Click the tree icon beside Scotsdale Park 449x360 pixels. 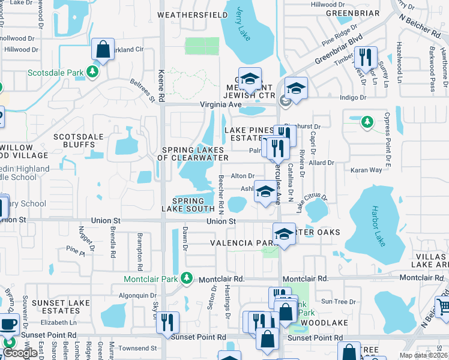92,72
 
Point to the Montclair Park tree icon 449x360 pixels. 187,278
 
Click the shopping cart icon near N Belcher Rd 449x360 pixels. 443,308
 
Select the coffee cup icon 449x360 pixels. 8,325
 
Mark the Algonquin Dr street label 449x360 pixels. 138,295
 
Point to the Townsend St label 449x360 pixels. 137,348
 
